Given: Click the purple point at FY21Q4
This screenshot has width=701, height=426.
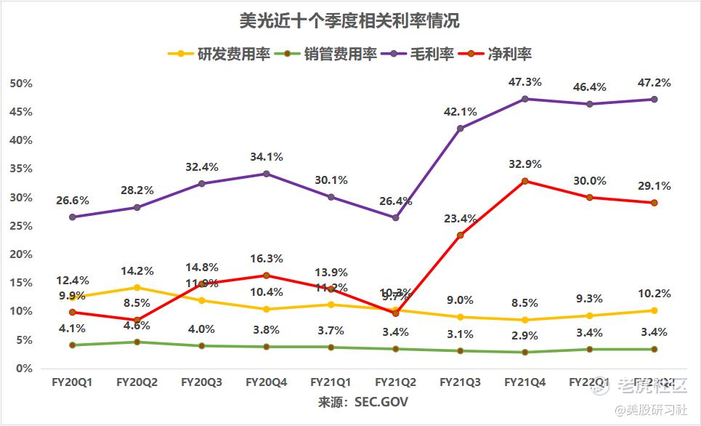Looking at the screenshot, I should (x=525, y=98).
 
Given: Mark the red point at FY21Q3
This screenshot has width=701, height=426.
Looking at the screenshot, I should (x=461, y=235).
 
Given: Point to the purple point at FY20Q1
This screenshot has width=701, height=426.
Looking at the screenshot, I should (x=72, y=217).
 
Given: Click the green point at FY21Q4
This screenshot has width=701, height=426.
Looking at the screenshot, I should (x=525, y=352).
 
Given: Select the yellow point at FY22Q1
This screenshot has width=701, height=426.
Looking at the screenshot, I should (x=590, y=316).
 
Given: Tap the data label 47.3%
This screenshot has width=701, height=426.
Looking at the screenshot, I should (x=525, y=82).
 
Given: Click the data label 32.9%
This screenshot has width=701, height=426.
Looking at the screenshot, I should (x=525, y=164).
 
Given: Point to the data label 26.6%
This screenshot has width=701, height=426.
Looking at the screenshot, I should (x=72, y=200).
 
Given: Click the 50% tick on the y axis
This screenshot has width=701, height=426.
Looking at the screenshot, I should (x=21, y=84).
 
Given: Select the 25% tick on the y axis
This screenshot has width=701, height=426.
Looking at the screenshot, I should (x=21, y=226).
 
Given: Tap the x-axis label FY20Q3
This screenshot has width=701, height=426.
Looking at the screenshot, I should (x=201, y=382).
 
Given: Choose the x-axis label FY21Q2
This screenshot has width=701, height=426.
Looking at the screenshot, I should (x=396, y=382).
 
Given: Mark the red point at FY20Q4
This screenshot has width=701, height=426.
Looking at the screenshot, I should (x=266, y=276).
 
